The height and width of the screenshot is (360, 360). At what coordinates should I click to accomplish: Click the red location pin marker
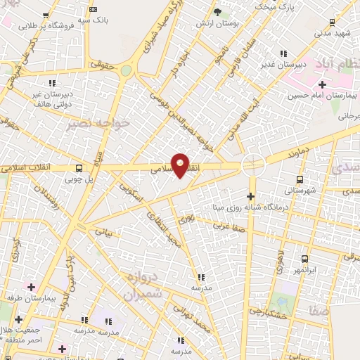(x=181, y=165)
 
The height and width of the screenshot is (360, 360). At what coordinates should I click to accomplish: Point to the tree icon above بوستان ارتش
(x=217, y=12)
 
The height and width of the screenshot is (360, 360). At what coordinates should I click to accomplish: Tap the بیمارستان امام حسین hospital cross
(x=322, y=84)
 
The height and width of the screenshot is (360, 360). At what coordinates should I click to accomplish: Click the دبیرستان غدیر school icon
(x=283, y=53)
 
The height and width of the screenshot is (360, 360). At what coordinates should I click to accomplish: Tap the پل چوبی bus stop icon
(x=79, y=169)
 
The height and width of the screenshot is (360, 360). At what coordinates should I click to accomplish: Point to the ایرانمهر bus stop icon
(x=304, y=259)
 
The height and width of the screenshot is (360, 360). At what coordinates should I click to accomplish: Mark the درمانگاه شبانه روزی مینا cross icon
(x=252, y=196)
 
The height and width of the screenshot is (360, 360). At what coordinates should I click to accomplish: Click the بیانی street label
(x=103, y=231)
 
